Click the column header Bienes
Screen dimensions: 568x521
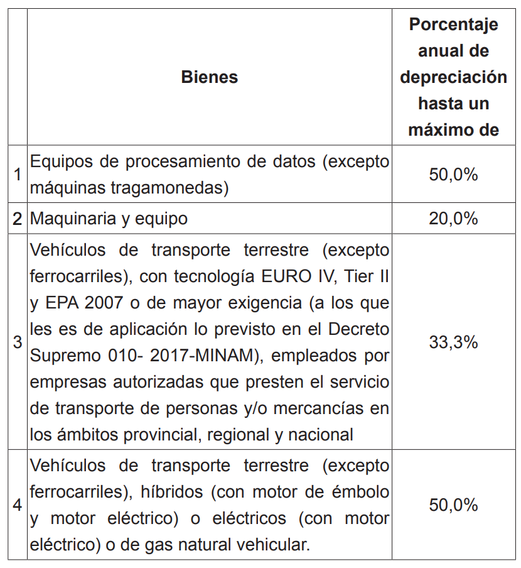209,77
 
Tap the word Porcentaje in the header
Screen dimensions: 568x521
453,25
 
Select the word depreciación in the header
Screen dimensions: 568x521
453,77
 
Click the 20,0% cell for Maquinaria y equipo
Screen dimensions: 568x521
453,219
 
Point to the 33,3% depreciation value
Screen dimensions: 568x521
453,342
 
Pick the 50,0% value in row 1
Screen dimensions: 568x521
453,174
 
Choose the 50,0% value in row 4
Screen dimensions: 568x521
453,505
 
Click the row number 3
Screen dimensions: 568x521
18,342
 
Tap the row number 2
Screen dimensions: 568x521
18,219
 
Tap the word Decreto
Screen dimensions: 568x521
357,329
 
